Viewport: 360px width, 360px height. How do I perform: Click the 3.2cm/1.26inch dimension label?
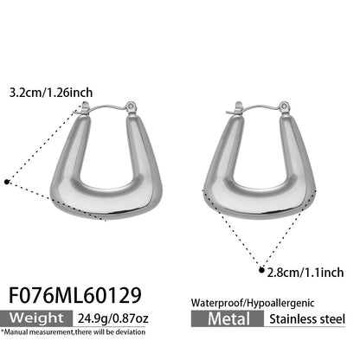51,93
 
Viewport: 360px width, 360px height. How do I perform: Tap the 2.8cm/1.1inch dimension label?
305,273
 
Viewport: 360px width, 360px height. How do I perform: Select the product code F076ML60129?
75,295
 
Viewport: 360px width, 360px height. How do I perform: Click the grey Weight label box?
36,318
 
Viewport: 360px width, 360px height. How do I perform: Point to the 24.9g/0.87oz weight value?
113,318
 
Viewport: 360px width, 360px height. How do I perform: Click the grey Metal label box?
228,318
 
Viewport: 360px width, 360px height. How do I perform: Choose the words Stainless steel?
307,319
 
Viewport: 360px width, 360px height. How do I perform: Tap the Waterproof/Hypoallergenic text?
253,303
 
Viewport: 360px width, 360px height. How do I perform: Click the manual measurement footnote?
73,332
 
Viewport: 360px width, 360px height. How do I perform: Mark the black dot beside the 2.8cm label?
261,270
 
